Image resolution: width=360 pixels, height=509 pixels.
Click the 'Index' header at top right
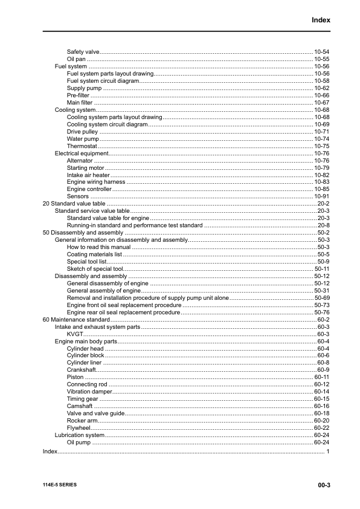tap(321, 20)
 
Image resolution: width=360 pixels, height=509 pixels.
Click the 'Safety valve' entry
tap(83, 52)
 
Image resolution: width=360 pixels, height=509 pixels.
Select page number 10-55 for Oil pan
tap(321, 59)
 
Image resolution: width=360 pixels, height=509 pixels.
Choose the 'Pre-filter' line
tap(79, 96)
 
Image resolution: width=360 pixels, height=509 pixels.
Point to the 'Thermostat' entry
tap(81, 146)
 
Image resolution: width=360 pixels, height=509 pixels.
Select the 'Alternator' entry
tap(80, 161)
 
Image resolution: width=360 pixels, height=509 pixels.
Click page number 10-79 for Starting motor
tap(321, 168)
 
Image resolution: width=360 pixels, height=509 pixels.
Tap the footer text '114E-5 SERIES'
tap(60, 485)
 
